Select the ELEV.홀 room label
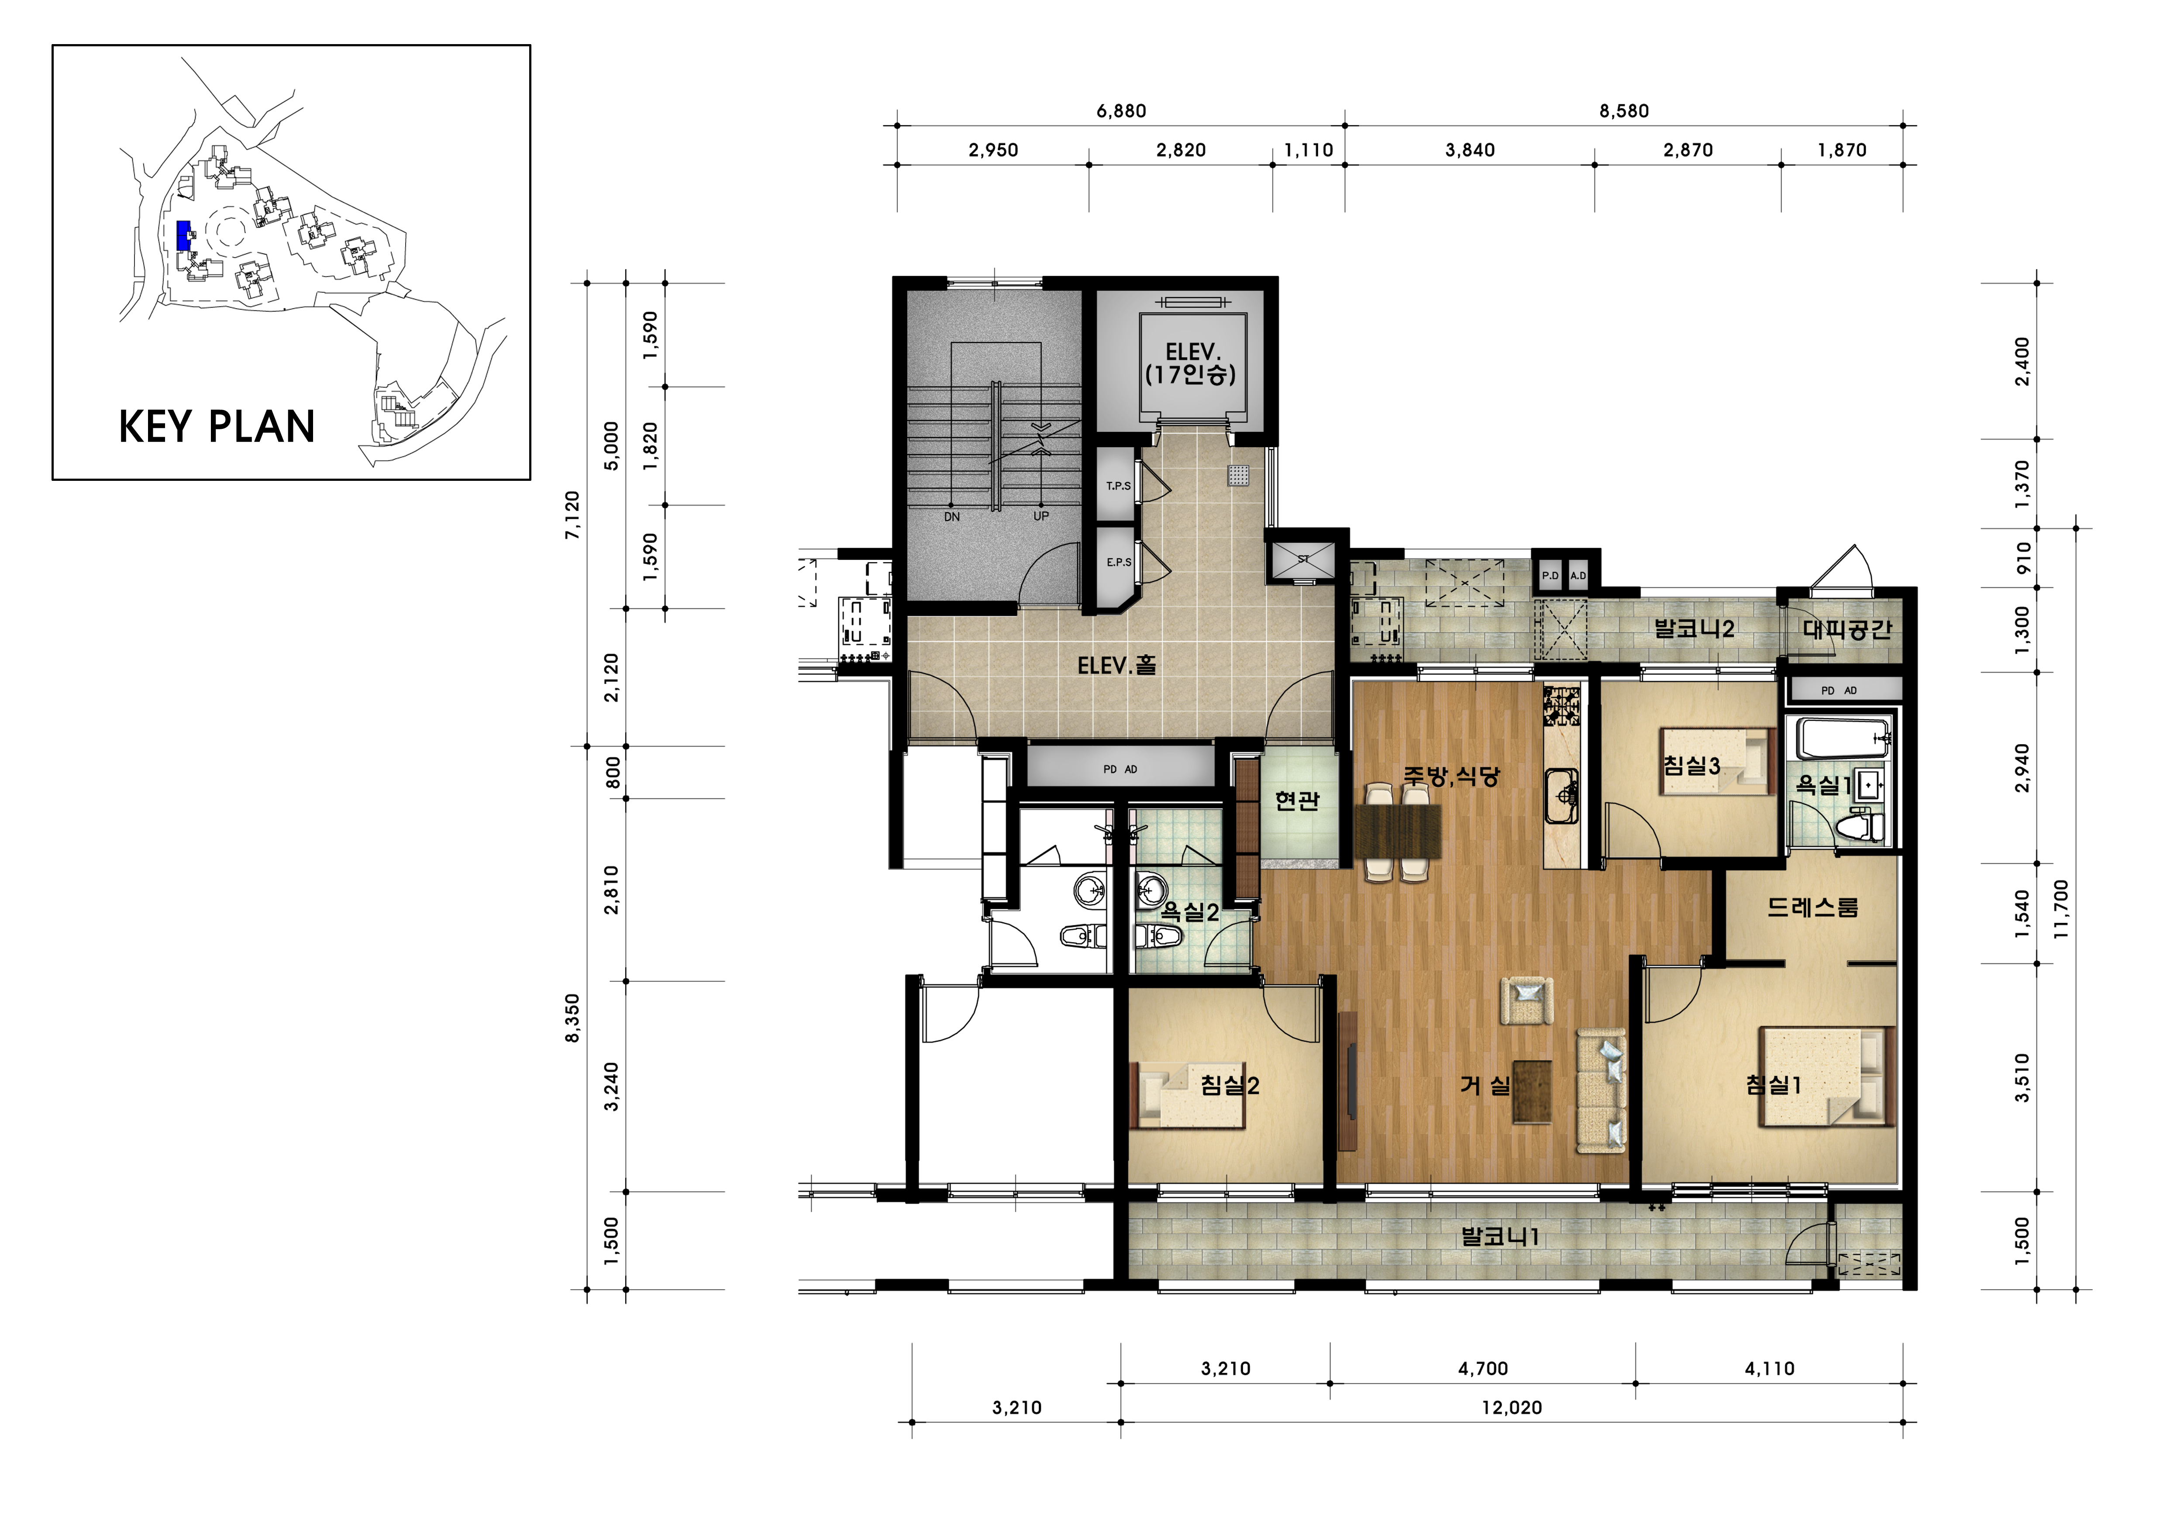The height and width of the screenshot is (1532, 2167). pos(1116,666)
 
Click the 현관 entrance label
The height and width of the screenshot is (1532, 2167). pos(1297,801)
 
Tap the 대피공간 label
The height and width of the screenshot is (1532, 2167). pos(1847,630)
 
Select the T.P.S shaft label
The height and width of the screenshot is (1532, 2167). pos(1118,486)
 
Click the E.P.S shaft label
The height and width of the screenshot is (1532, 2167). pos(1118,562)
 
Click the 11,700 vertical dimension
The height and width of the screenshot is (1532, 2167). pos(2060,909)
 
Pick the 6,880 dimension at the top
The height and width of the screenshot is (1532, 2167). pos(1121,111)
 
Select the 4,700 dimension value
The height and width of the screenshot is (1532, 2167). pos(1483,1369)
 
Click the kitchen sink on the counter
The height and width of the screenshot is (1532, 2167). pos(1561,796)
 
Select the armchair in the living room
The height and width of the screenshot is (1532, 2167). pos(1527,1001)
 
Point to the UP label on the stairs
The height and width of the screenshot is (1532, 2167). pos(1041,516)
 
